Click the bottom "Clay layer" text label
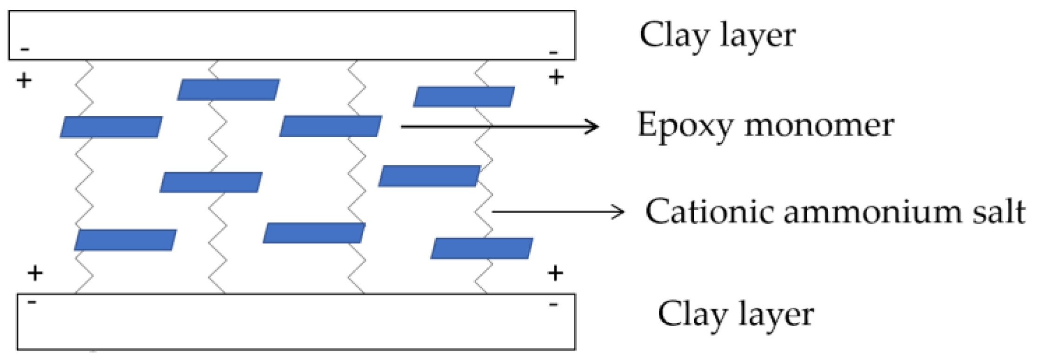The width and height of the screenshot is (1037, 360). click(735, 315)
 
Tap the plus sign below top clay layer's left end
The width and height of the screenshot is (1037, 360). click(24, 80)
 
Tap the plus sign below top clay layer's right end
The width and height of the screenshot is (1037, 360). click(556, 77)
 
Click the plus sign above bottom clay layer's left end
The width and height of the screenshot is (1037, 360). click(35, 273)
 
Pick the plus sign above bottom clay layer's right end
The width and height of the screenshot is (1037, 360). click(555, 273)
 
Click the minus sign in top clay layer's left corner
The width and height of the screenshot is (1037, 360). click(26, 49)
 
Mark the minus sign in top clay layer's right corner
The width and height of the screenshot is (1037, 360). click(553, 53)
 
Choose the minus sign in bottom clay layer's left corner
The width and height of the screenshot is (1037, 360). click(32, 303)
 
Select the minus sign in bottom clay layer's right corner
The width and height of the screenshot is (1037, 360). click(553, 305)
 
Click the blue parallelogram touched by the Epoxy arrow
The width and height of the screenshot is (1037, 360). click(330, 127)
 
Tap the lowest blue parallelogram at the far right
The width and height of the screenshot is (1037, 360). click(481, 248)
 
